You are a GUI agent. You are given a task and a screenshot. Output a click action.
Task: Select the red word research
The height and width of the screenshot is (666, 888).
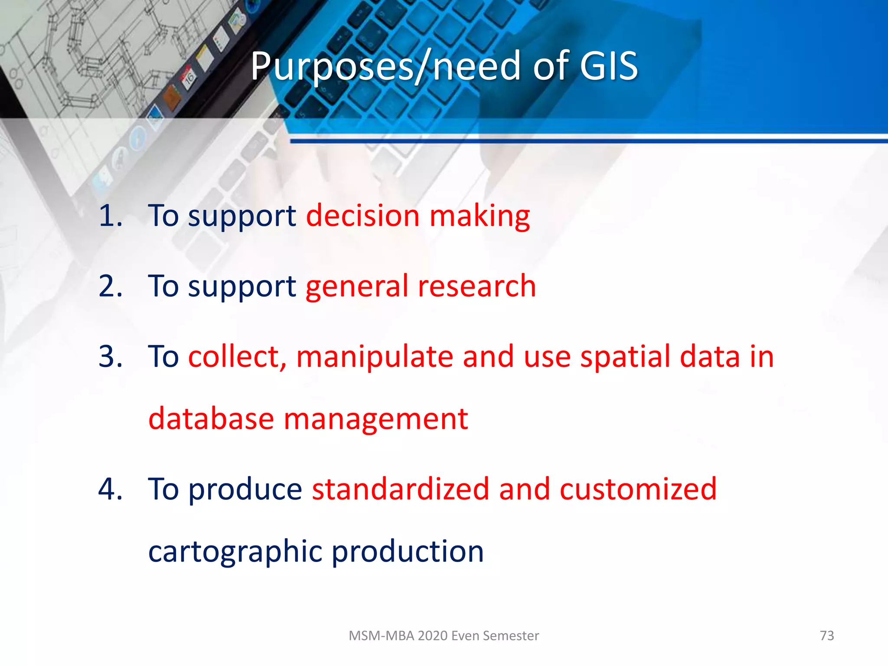coord(477,286)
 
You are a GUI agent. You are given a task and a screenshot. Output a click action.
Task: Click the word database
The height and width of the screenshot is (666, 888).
coord(211,419)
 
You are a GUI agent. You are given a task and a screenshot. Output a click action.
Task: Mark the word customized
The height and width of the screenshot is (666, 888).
coord(638,489)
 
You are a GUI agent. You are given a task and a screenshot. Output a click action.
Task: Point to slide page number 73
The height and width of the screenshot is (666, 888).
coord(827,636)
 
